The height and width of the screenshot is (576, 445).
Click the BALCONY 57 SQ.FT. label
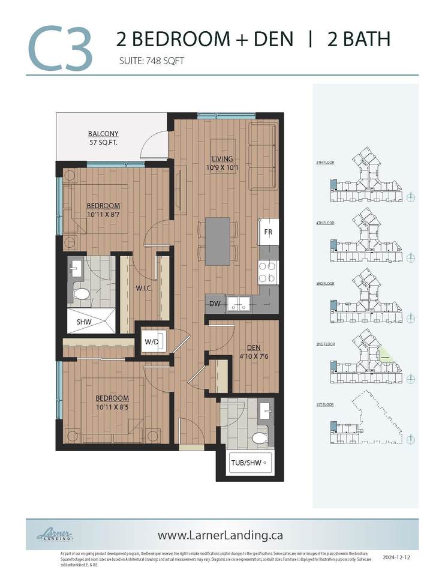pyautogui.click(x=103, y=138)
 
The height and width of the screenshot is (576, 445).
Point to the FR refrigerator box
pyautogui.click(x=267, y=230)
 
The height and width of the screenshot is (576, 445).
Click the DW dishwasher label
pyautogui.click(x=215, y=304)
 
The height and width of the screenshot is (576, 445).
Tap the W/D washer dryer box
pyautogui.click(x=151, y=342)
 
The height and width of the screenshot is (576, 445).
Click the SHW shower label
pyautogui.click(x=83, y=322)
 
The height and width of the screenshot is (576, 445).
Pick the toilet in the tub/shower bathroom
pyautogui.click(x=260, y=438)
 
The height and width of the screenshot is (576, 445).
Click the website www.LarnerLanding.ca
pyautogui.click(x=220, y=534)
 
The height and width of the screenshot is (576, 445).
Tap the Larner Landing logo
pyautogui.click(x=55, y=533)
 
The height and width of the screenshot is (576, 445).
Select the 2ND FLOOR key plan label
pyautogui.click(x=324, y=345)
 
